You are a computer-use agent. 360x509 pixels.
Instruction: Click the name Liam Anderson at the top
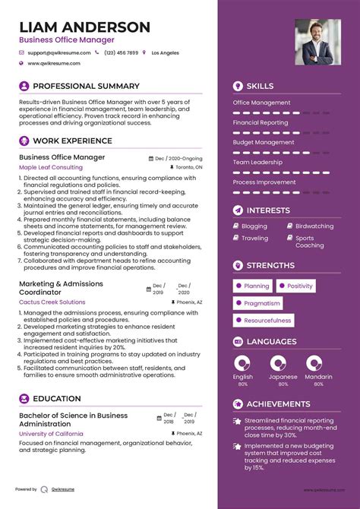[x=84, y=27]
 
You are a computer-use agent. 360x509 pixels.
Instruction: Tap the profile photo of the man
[x=318, y=42]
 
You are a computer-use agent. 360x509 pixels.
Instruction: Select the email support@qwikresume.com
[x=59, y=53]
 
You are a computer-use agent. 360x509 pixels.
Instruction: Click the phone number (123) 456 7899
[x=122, y=53]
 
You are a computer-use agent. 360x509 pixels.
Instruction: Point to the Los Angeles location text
[x=165, y=53]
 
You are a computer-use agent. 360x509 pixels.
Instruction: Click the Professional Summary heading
[x=86, y=86]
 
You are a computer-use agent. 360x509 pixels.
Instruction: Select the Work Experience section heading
[x=73, y=141]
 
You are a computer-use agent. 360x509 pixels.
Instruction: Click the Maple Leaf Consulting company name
[x=51, y=167]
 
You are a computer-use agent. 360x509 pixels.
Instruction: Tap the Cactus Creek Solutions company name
[x=52, y=302]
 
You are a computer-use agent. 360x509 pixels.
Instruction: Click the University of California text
[x=52, y=433]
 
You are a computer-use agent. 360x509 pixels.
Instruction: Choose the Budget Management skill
[x=264, y=142]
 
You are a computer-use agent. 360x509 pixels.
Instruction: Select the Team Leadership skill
[x=258, y=162]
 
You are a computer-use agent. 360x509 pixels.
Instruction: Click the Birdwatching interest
[x=314, y=226]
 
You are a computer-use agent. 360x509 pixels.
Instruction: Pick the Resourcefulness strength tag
[x=267, y=321]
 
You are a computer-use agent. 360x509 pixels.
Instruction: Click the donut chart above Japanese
[x=278, y=363]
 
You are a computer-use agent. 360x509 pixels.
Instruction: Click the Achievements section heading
[x=278, y=403]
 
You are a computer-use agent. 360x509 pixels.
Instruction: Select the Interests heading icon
[x=238, y=210]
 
